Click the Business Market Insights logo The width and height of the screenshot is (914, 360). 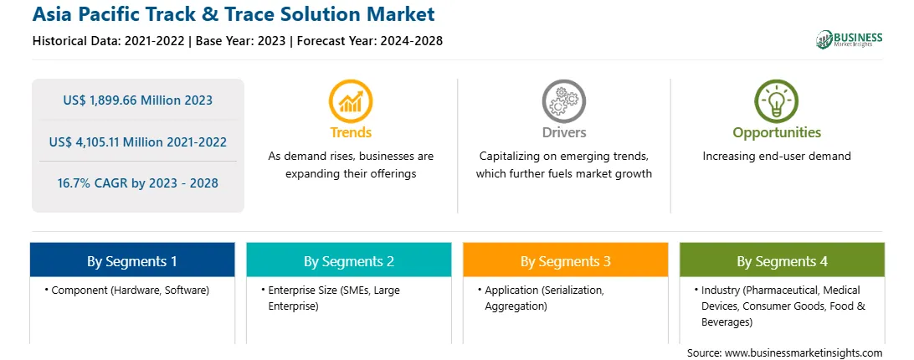850,39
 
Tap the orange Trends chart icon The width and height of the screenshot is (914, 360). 351,101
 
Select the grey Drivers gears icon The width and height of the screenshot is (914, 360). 563,101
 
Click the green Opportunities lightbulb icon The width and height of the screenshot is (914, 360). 777,101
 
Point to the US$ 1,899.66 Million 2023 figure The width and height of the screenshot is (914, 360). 137,100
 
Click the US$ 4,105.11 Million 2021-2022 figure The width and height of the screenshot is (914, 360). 137,141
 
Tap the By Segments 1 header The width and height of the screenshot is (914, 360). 132,261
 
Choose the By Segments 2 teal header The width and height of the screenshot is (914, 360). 348,261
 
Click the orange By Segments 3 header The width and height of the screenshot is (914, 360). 566,261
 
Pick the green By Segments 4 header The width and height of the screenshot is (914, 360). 783,261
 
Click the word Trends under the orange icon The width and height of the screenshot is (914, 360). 351,132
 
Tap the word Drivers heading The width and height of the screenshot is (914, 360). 563,132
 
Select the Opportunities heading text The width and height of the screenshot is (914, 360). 777,132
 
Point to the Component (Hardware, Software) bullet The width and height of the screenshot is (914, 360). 126,290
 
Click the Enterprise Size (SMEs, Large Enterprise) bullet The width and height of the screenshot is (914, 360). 330,297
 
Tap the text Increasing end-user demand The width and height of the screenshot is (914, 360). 777,156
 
